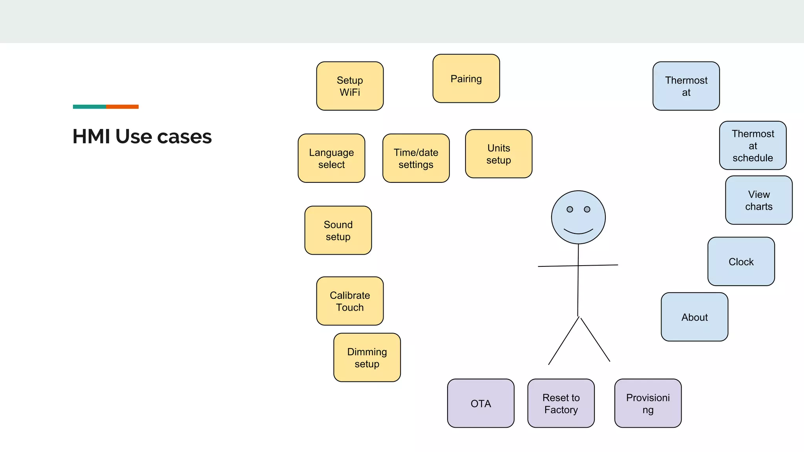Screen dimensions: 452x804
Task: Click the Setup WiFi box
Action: (350, 86)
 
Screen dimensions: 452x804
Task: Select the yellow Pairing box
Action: (466, 78)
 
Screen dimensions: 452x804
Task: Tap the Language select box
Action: (331, 158)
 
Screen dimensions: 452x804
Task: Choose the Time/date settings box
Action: (416, 158)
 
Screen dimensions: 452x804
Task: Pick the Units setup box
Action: (499, 154)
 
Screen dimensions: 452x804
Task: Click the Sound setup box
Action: (338, 230)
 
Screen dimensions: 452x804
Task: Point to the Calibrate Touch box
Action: (350, 301)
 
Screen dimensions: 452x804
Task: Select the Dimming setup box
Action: (367, 357)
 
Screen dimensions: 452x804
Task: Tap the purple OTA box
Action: (481, 403)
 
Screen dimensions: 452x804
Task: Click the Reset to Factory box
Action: (561, 403)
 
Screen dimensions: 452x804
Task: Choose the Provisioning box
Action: (648, 403)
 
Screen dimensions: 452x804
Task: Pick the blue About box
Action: (694, 317)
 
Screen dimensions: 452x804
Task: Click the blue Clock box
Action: (741, 261)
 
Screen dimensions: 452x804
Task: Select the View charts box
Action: (759, 200)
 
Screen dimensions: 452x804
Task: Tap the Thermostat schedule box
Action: (753, 146)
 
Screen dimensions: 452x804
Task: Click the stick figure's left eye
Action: (570, 209)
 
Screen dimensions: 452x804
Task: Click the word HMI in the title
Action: (91, 137)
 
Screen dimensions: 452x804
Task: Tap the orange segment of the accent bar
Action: (122, 107)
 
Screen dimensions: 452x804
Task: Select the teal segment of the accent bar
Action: (89, 107)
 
